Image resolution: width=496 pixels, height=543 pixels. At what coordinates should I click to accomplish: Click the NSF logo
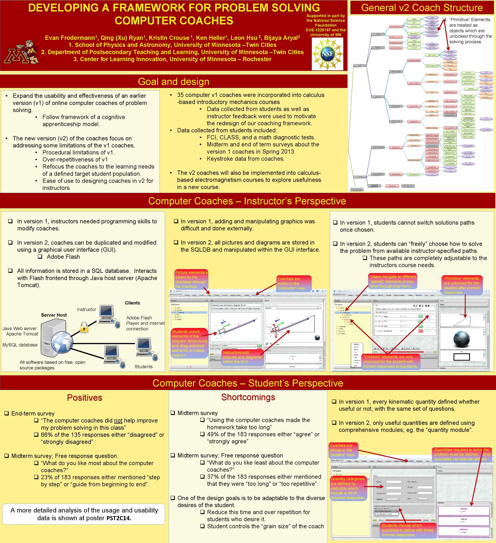click(x=327, y=54)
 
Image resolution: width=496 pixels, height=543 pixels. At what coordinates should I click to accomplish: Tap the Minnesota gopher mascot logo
click(x=21, y=52)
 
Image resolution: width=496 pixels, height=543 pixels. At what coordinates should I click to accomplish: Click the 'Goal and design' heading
click(x=174, y=82)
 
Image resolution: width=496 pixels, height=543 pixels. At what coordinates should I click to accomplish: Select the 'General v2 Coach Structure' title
click(x=422, y=8)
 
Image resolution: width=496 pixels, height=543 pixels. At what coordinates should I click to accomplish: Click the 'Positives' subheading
click(x=85, y=398)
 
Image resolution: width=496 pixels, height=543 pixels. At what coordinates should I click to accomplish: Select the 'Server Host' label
click(x=54, y=315)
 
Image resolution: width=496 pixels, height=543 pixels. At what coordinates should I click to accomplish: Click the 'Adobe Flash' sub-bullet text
click(x=63, y=257)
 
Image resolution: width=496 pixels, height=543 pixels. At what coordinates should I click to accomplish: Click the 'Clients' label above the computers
click(x=132, y=303)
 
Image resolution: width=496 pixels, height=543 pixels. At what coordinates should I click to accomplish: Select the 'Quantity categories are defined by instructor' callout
click(x=348, y=488)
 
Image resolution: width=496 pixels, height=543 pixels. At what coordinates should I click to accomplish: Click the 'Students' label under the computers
click(x=143, y=367)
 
